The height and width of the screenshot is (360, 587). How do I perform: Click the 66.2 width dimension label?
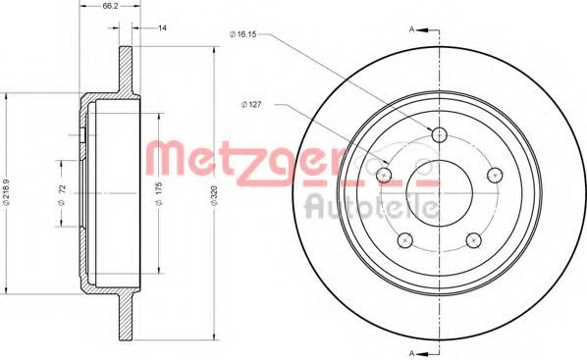[108, 7]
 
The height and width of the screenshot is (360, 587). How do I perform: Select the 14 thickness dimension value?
[162, 27]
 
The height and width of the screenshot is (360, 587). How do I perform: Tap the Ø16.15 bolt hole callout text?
[243, 34]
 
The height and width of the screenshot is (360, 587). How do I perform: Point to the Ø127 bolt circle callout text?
[251, 105]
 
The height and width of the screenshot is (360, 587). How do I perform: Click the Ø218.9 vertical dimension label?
[6, 192]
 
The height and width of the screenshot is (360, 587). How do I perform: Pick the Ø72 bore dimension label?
[62, 193]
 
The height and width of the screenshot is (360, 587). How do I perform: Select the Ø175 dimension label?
[159, 193]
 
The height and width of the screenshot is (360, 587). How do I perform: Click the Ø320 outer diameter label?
[214, 194]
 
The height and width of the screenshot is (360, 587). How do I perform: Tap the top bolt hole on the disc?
[440, 134]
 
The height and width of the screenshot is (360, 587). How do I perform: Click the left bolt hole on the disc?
[384, 174]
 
